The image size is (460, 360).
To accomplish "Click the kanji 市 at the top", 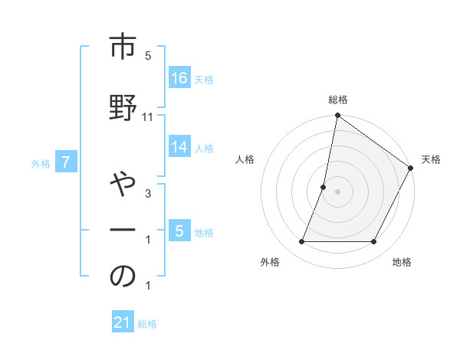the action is [123, 47].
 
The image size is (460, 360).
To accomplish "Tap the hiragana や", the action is [123, 187].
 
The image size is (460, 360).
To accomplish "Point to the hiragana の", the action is [123, 277].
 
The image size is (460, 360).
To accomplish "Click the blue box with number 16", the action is [179, 77].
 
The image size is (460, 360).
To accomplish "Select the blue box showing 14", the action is [179, 147].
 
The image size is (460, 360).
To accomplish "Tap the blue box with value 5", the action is [179, 231].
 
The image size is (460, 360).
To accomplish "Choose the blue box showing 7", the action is [67, 162].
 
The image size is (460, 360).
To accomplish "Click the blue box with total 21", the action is [123, 322].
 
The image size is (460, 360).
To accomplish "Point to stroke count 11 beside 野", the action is [148, 117].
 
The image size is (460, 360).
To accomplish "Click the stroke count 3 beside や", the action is [148, 195].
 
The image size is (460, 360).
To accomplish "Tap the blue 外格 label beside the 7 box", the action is [41, 163].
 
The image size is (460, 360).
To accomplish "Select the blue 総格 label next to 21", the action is [147, 323].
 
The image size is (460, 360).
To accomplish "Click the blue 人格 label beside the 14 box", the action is [204, 149].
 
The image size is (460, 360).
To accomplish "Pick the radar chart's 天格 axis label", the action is [431, 159].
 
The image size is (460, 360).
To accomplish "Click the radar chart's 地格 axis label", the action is [402, 263].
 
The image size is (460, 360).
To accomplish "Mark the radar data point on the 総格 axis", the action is [337, 116].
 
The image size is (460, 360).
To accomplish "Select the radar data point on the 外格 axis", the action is [301, 242].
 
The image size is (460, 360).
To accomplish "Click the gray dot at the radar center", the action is [337, 192].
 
